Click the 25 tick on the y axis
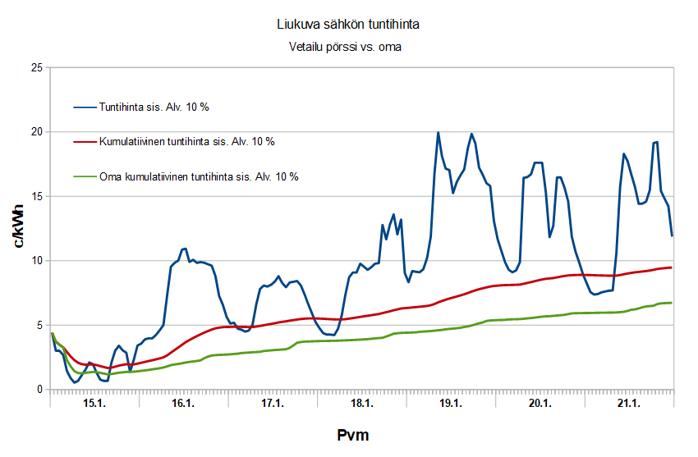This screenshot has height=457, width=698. point(36,67)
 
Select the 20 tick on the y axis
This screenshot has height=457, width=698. point(36,132)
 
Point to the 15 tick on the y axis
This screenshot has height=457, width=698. point(36,196)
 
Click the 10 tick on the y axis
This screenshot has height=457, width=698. point(36,261)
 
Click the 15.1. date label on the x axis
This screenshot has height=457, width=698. point(94,404)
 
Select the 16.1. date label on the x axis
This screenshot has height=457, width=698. point(182,404)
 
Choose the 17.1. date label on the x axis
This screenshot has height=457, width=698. point(272,404)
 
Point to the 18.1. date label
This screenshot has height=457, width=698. point(361,404)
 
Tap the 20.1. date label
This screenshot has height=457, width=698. point(540,404)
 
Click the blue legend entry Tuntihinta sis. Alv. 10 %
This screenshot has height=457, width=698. point(154,107)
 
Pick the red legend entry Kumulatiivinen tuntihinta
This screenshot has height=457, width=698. point(186,141)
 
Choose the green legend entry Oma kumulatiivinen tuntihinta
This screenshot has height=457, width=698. point(198,176)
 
